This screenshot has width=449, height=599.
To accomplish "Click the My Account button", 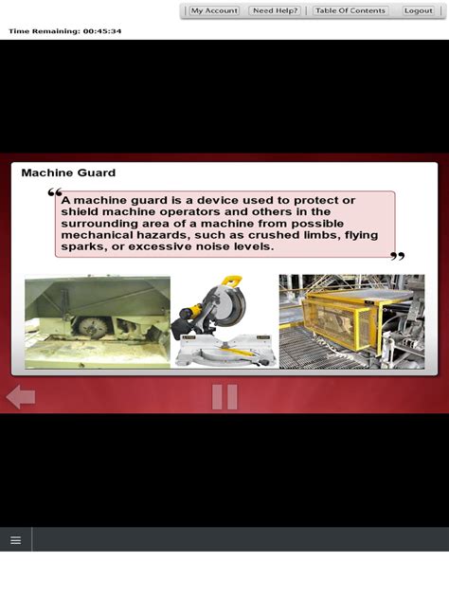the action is [x=214, y=10].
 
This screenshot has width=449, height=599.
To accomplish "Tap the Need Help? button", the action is [x=275, y=10].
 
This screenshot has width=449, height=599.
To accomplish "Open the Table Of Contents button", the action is [x=350, y=10].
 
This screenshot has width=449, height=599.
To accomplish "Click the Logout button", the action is [x=418, y=10].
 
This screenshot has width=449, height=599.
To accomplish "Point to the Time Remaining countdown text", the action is [x=65, y=31].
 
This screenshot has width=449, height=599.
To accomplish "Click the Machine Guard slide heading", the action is [x=68, y=173].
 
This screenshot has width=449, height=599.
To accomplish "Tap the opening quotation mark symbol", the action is [x=55, y=192].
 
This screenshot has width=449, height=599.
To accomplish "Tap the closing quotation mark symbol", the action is [x=398, y=256].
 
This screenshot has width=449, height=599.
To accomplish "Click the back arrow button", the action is [x=21, y=397].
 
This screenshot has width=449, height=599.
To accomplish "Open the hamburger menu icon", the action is [x=16, y=540].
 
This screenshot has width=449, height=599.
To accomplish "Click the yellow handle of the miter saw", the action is [x=232, y=281].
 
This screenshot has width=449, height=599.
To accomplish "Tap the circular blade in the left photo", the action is [x=93, y=327].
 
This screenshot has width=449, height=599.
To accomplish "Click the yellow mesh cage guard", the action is [x=340, y=321].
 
